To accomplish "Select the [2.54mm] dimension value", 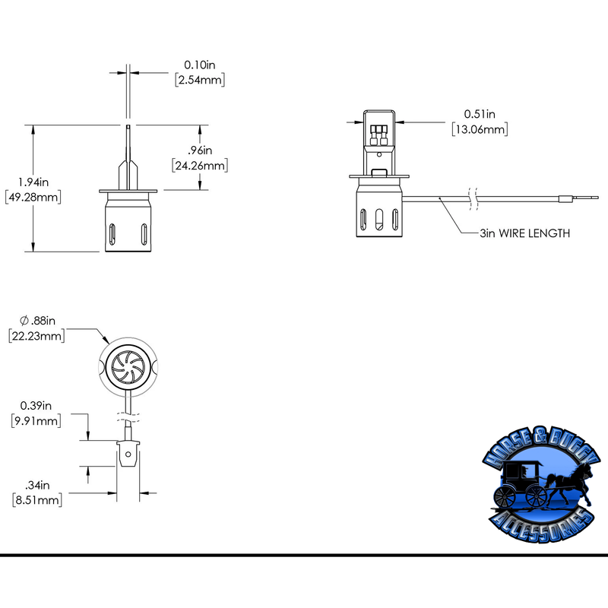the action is click(x=200, y=79).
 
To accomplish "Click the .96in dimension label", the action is click(x=198, y=150).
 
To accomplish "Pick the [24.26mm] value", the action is click(x=198, y=165).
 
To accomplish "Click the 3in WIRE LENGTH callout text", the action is click(x=524, y=233).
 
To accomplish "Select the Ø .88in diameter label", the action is click(x=36, y=320).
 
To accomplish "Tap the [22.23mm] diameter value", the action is click(x=36, y=335).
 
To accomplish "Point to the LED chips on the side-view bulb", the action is click(x=379, y=135).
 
